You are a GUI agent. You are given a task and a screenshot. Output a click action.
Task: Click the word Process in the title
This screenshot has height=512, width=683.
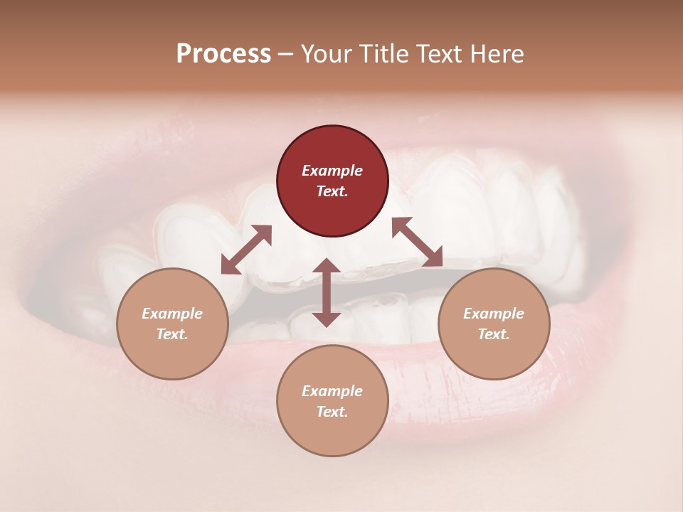[223, 54]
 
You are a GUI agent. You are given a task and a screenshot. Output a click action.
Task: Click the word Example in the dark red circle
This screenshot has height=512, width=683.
[332, 171]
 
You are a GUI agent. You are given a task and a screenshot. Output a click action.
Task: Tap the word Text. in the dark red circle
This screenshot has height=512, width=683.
[332, 191]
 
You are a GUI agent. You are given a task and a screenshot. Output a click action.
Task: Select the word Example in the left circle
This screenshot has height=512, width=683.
[172, 314]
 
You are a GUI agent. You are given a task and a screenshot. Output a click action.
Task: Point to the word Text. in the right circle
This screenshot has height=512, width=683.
[493, 334]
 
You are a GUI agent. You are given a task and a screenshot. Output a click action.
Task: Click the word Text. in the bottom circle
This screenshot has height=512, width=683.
[332, 412]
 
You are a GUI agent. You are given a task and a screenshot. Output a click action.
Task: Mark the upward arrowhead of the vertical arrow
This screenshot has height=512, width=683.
[327, 267]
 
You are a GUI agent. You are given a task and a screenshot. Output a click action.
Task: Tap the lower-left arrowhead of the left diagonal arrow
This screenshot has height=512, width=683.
[228, 267]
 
